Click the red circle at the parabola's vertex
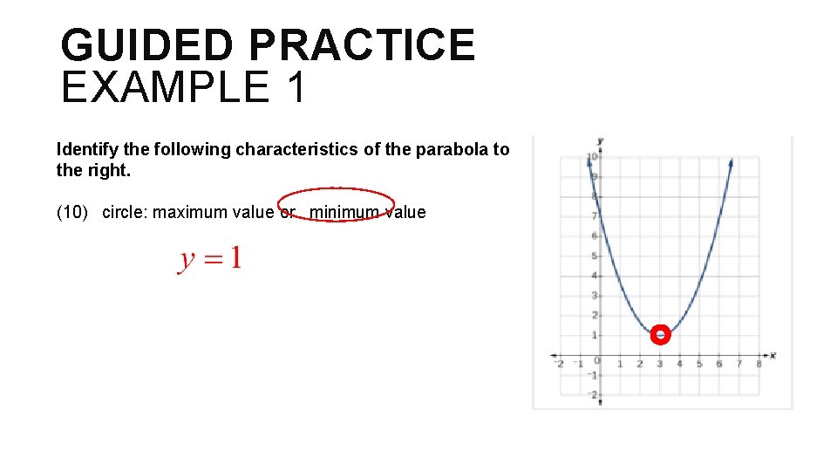click(x=661, y=335)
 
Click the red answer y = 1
click(x=210, y=259)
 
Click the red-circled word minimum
click(x=344, y=212)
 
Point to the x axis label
click(x=772, y=356)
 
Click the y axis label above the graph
click(x=601, y=140)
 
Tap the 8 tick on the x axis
click(x=759, y=364)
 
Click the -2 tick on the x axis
click(x=559, y=364)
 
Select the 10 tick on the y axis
click(x=591, y=158)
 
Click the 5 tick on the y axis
click(x=594, y=256)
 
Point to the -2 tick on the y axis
click(x=592, y=395)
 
